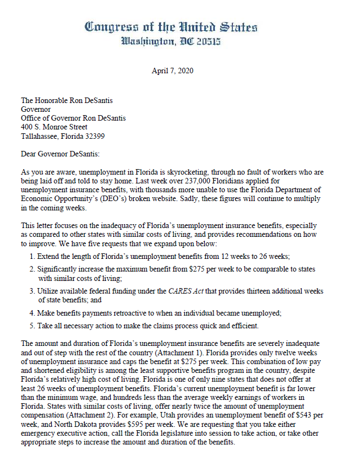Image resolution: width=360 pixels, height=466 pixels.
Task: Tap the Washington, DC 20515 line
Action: click(171, 41)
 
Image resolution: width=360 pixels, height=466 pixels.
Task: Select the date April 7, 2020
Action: click(172, 71)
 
